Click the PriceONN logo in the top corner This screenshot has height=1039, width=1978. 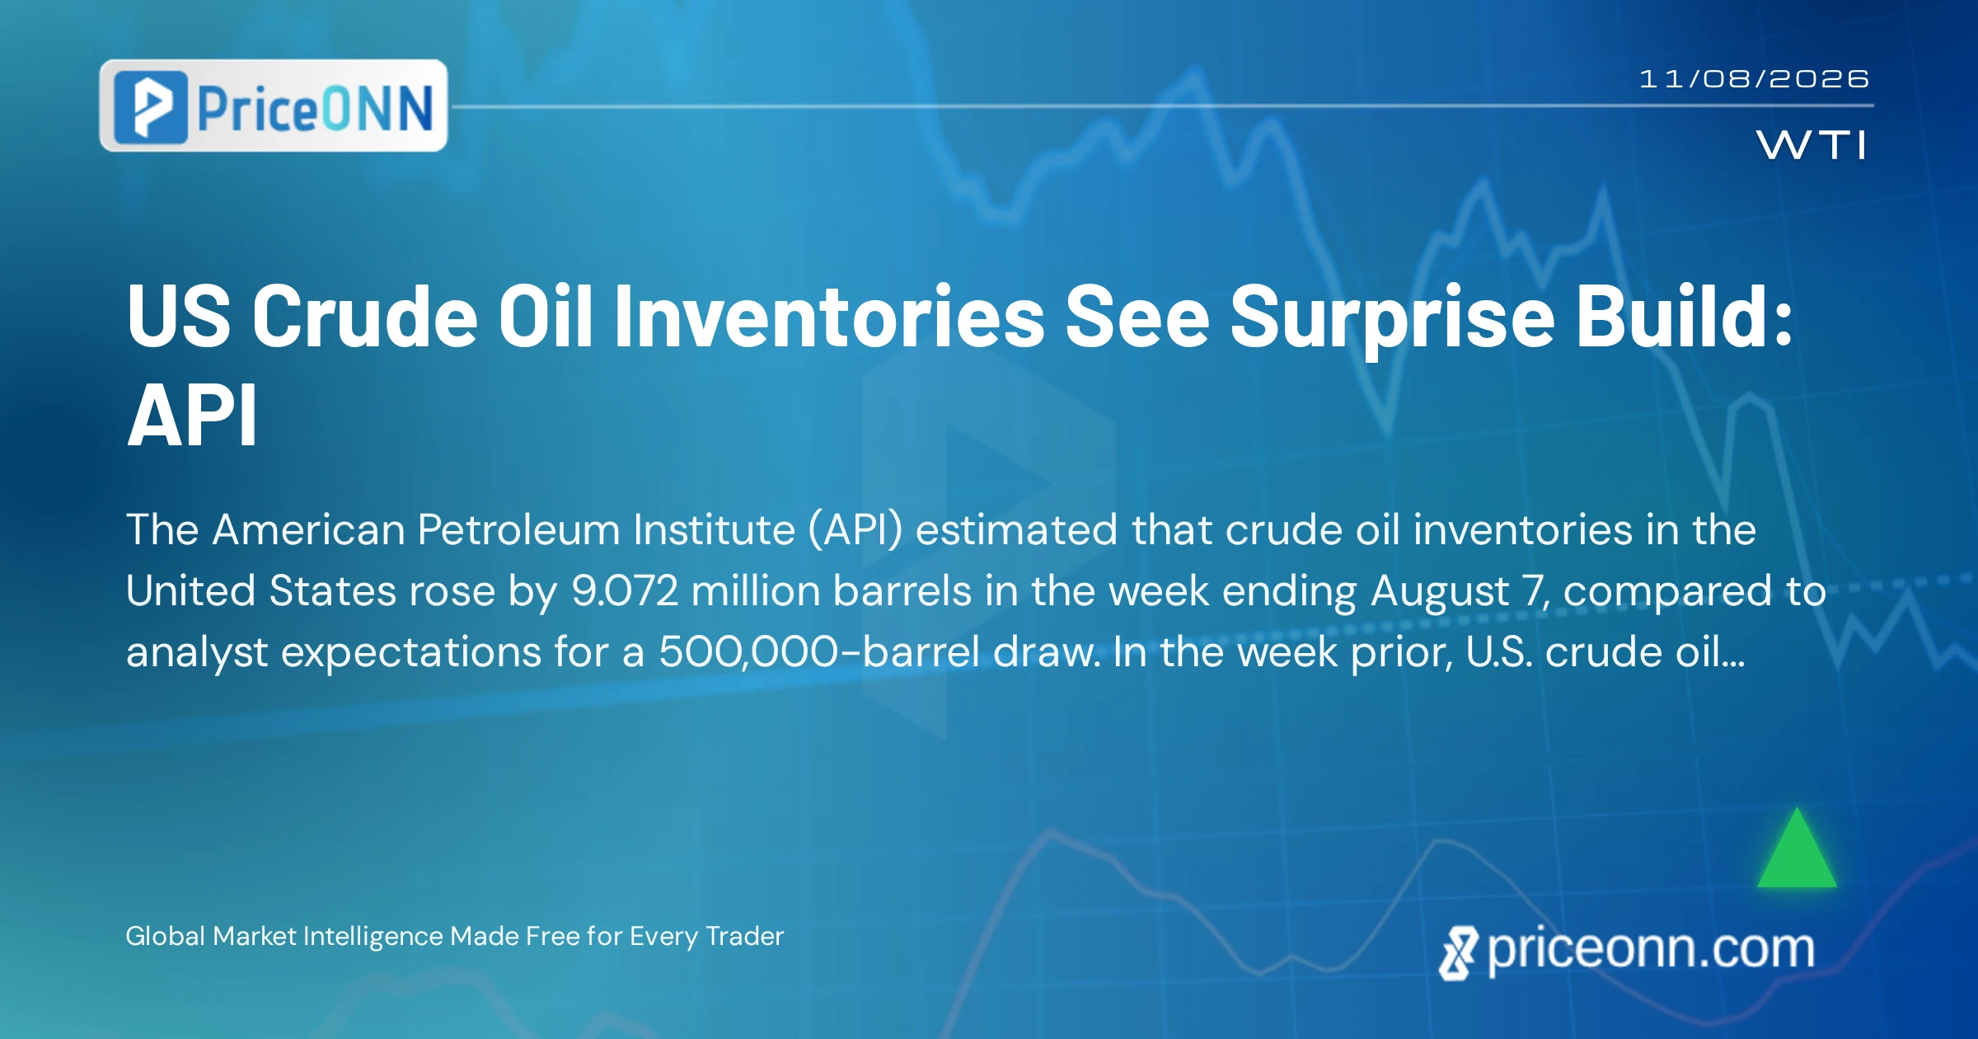coord(273,106)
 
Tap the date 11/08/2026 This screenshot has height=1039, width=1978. coord(1754,79)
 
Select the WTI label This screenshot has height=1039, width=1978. coord(1812,146)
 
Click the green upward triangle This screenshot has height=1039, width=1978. coord(1797,848)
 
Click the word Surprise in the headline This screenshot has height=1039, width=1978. coord(1393,317)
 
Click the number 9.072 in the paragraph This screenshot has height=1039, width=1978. coord(625,590)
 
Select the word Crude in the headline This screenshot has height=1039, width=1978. coord(365,317)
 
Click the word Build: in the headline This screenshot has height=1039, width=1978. coord(1684,315)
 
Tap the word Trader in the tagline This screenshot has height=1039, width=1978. coord(745,936)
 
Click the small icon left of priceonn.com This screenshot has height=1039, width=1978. coord(1458,953)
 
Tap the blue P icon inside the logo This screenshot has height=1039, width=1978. coord(151,107)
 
